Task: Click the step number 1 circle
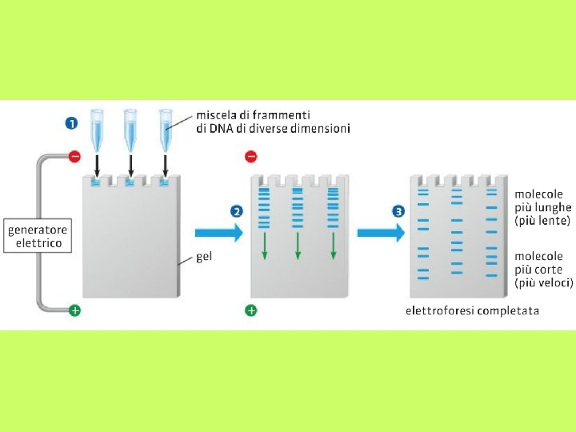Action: [x=71, y=123]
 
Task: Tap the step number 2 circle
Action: [x=236, y=212]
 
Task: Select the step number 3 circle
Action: [x=399, y=212]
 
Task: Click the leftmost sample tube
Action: [x=97, y=129]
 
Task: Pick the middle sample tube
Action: [x=130, y=129]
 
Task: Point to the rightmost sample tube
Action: [x=166, y=129]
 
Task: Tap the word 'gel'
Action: [x=204, y=258]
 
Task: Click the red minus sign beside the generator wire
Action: [x=74, y=157]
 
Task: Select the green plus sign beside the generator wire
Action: [x=74, y=310]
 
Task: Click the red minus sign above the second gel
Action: [x=250, y=157]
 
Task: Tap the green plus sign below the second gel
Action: [x=250, y=310]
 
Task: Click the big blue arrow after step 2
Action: [x=218, y=233]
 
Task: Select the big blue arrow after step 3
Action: [x=380, y=233]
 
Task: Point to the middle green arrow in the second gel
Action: [x=298, y=246]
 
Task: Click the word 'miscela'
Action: [x=218, y=115]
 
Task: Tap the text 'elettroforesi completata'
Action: [x=472, y=310]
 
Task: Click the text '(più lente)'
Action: [x=542, y=220]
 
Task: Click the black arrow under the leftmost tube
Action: [x=97, y=166]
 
